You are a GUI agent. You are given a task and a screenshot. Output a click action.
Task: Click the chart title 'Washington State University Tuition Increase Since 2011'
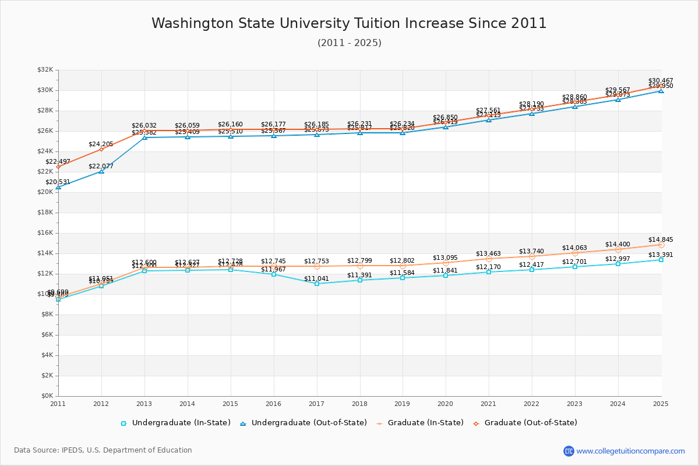click(349, 23)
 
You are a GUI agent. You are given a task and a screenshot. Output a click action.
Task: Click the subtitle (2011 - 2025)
click(349, 43)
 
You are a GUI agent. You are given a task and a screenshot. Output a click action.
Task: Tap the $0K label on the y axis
click(47, 396)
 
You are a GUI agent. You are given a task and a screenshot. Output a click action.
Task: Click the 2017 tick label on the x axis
click(316, 404)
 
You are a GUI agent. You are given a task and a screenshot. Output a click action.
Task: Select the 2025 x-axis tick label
click(661, 404)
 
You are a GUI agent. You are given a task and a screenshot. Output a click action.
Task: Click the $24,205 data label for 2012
click(101, 144)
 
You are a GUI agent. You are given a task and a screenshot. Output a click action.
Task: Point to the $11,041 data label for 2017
click(316, 278)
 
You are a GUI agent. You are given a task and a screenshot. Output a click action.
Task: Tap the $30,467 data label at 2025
click(661, 80)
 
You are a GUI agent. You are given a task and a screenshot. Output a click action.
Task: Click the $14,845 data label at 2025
click(661, 239)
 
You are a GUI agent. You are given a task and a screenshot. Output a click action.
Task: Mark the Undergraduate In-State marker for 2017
click(317, 284)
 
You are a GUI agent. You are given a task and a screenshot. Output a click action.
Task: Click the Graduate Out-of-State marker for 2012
click(101, 149)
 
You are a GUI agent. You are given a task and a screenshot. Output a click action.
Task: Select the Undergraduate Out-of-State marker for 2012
click(101, 171)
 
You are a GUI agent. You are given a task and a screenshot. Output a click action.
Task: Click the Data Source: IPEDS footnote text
click(103, 450)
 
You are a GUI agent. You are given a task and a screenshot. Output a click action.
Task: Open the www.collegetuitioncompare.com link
click(630, 451)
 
